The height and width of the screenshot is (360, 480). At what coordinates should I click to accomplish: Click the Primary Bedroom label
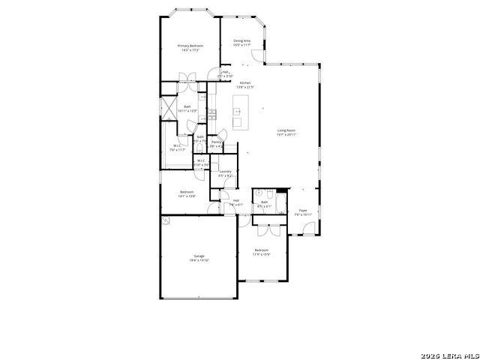tap(190, 46)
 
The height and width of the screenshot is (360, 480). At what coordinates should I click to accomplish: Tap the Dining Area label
tap(241, 40)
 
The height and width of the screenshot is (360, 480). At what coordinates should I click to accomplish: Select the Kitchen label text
tap(245, 82)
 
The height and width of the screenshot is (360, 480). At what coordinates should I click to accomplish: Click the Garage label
tap(199, 256)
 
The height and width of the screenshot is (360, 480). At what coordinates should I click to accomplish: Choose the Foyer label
tap(303, 211)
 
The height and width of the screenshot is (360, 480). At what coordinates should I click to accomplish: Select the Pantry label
tap(216, 141)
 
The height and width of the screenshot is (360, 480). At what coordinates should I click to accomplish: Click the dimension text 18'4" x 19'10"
tap(199, 260)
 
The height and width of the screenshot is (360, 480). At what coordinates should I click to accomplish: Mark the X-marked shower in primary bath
tap(168, 106)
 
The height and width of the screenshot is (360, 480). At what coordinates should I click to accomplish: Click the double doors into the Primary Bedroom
tap(187, 77)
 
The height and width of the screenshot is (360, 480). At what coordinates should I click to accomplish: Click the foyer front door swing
tap(308, 229)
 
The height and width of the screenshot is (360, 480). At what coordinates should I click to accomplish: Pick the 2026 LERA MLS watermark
tap(450, 354)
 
